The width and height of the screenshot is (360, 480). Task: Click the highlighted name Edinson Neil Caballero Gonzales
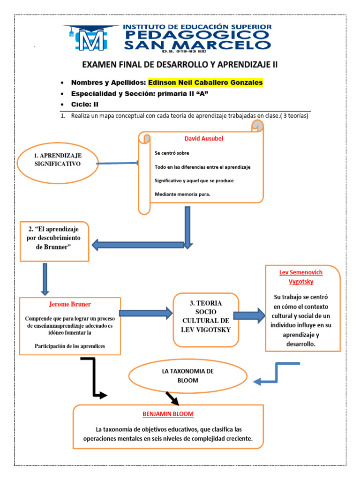(205, 82)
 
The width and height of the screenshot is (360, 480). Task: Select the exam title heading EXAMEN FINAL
(180, 65)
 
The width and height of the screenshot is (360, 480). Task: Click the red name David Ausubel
(203, 139)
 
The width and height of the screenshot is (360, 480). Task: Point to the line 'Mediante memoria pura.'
(182, 194)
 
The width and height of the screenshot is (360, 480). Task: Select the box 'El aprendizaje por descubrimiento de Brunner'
(54, 241)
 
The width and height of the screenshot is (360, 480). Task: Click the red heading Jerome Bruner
(70, 304)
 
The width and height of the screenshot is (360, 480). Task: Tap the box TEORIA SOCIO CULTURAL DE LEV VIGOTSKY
(205, 320)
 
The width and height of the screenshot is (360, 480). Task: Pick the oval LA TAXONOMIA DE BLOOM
(187, 375)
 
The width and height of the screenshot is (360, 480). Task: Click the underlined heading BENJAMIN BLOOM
(168, 414)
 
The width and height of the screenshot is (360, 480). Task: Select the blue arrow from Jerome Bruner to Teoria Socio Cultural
(146, 313)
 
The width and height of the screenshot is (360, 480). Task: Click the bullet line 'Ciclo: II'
(85, 104)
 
